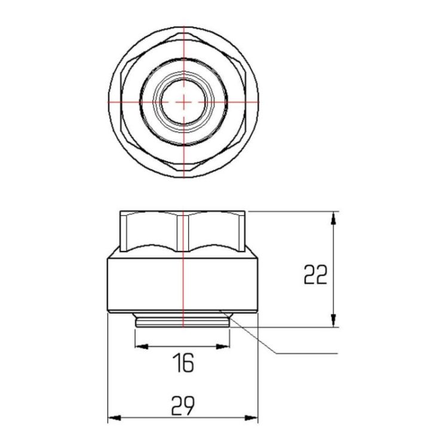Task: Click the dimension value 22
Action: (x=315, y=274)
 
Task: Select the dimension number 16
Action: (x=185, y=363)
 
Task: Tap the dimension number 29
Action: (x=183, y=406)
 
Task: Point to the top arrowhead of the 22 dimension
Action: (x=333, y=218)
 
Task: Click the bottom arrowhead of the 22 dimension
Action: (x=333, y=320)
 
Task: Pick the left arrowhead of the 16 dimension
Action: (x=142, y=346)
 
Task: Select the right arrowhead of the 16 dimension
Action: (x=223, y=346)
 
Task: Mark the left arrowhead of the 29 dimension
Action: (x=114, y=418)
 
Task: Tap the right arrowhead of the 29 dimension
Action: (x=251, y=418)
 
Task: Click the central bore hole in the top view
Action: (x=183, y=102)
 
